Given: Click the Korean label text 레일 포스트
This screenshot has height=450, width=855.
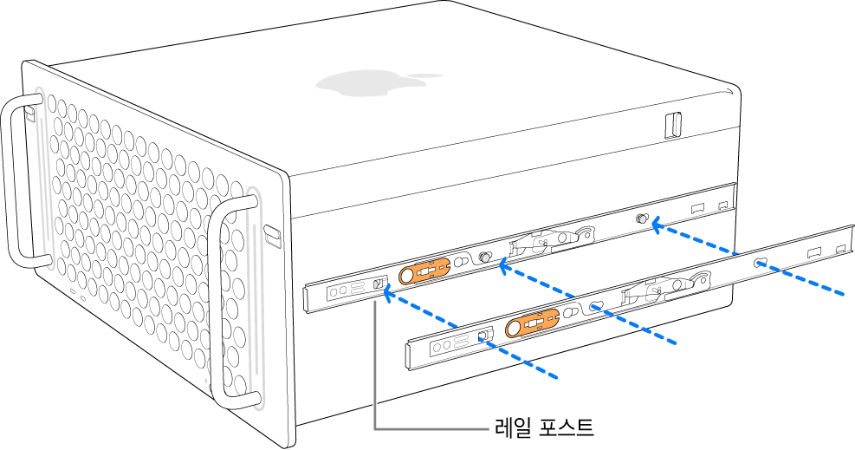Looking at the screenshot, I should (x=543, y=427).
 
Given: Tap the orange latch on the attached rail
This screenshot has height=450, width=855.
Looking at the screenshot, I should (x=424, y=272).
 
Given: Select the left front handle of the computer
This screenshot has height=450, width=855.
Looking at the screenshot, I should (x=19, y=182).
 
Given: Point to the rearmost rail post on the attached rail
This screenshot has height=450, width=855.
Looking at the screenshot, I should (x=644, y=219).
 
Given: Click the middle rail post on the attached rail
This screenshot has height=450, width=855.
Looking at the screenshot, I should (x=486, y=258).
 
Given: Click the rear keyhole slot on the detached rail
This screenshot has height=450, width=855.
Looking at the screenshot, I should (x=759, y=263).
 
